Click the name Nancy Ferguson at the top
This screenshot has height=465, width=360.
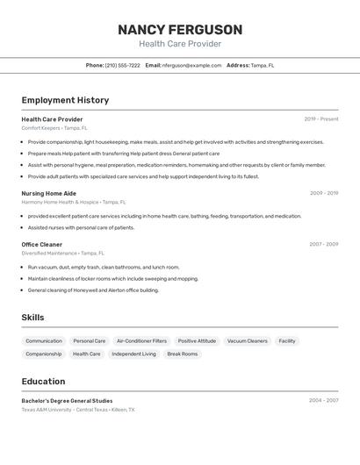(x=180, y=29)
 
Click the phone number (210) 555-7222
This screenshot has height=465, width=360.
(x=122, y=66)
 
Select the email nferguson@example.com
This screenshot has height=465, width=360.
(x=192, y=66)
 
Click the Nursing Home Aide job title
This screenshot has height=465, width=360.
(x=48, y=193)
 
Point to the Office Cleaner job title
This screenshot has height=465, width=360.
(x=41, y=245)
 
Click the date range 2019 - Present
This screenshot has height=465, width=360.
(x=321, y=119)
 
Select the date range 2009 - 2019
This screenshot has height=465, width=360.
(x=324, y=193)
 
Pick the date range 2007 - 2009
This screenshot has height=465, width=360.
(x=324, y=245)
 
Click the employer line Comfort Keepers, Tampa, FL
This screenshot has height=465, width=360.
(x=55, y=128)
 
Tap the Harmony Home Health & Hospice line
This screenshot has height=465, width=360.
(x=74, y=202)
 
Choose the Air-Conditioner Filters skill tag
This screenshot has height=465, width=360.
(x=141, y=341)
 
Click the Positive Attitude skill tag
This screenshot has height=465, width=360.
(x=197, y=341)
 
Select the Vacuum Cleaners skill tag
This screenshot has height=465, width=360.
(x=247, y=341)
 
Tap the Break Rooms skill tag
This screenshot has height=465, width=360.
(x=183, y=354)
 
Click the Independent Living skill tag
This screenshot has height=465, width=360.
(x=133, y=354)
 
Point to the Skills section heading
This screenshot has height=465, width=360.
(x=32, y=318)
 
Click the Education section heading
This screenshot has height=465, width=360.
(x=43, y=382)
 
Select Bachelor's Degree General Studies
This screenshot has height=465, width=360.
(x=67, y=401)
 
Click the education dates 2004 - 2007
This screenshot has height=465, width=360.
(x=324, y=401)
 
